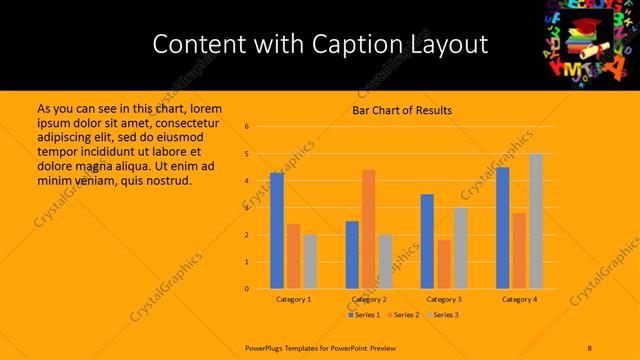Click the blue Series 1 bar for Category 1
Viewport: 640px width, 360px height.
pyautogui.click(x=277, y=231)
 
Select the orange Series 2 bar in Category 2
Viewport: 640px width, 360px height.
pyautogui.click(x=369, y=229)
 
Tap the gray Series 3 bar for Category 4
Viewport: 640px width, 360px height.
pyautogui.click(x=536, y=221)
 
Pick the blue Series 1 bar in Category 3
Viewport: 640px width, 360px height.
pyautogui.click(x=427, y=241)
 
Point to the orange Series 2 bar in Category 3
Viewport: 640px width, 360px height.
pyautogui.click(x=444, y=264)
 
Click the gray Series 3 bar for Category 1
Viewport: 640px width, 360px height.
pyautogui.click(x=310, y=262)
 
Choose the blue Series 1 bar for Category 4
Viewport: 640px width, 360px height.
pyautogui.click(x=502, y=228)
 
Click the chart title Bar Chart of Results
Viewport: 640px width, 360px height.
pyautogui.click(x=402, y=110)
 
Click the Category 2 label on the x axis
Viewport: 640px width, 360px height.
pyautogui.click(x=369, y=299)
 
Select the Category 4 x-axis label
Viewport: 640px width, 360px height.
pyautogui.click(x=519, y=299)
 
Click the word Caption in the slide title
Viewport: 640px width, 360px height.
pyautogui.click(x=356, y=44)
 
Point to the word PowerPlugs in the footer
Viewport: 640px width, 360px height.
pyautogui.click(x=268, y=347)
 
